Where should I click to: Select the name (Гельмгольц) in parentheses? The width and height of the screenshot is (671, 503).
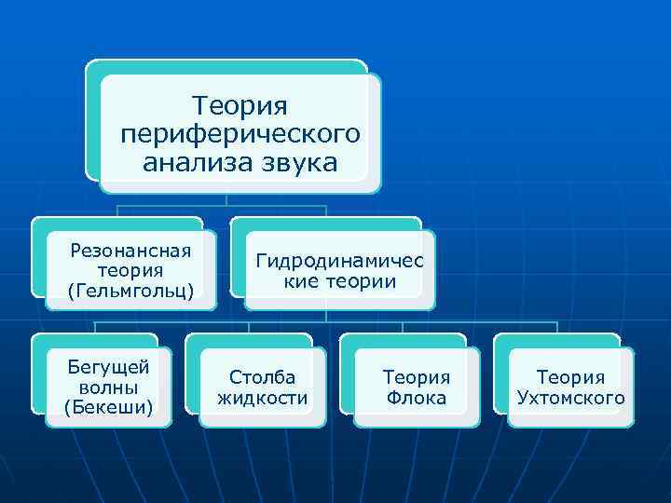pyautogui.click(x=130, y=292)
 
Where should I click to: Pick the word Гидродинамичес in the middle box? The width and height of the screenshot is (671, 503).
pyautogui.click(x=339, y=262)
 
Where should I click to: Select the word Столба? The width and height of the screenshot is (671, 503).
pyautogui.click(x=263, y=377)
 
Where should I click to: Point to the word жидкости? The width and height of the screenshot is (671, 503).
pyautogui.click(x=263, y=399)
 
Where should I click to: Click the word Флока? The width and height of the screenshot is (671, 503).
pyautogui.click(x=417, y=399)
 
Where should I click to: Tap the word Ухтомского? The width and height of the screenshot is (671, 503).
pyautogui.click(x=570, y=399)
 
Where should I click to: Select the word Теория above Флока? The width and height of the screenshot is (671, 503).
pyautogui.click(x=417, y=377)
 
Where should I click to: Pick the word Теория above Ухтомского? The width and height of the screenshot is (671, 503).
pyautogui.click(x=570, y=377)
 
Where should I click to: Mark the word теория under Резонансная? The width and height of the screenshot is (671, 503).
pyautogui.click(x=130, y=270)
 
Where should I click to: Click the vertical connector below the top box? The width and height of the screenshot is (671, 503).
pyautogui.click(x=226, y=198)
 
